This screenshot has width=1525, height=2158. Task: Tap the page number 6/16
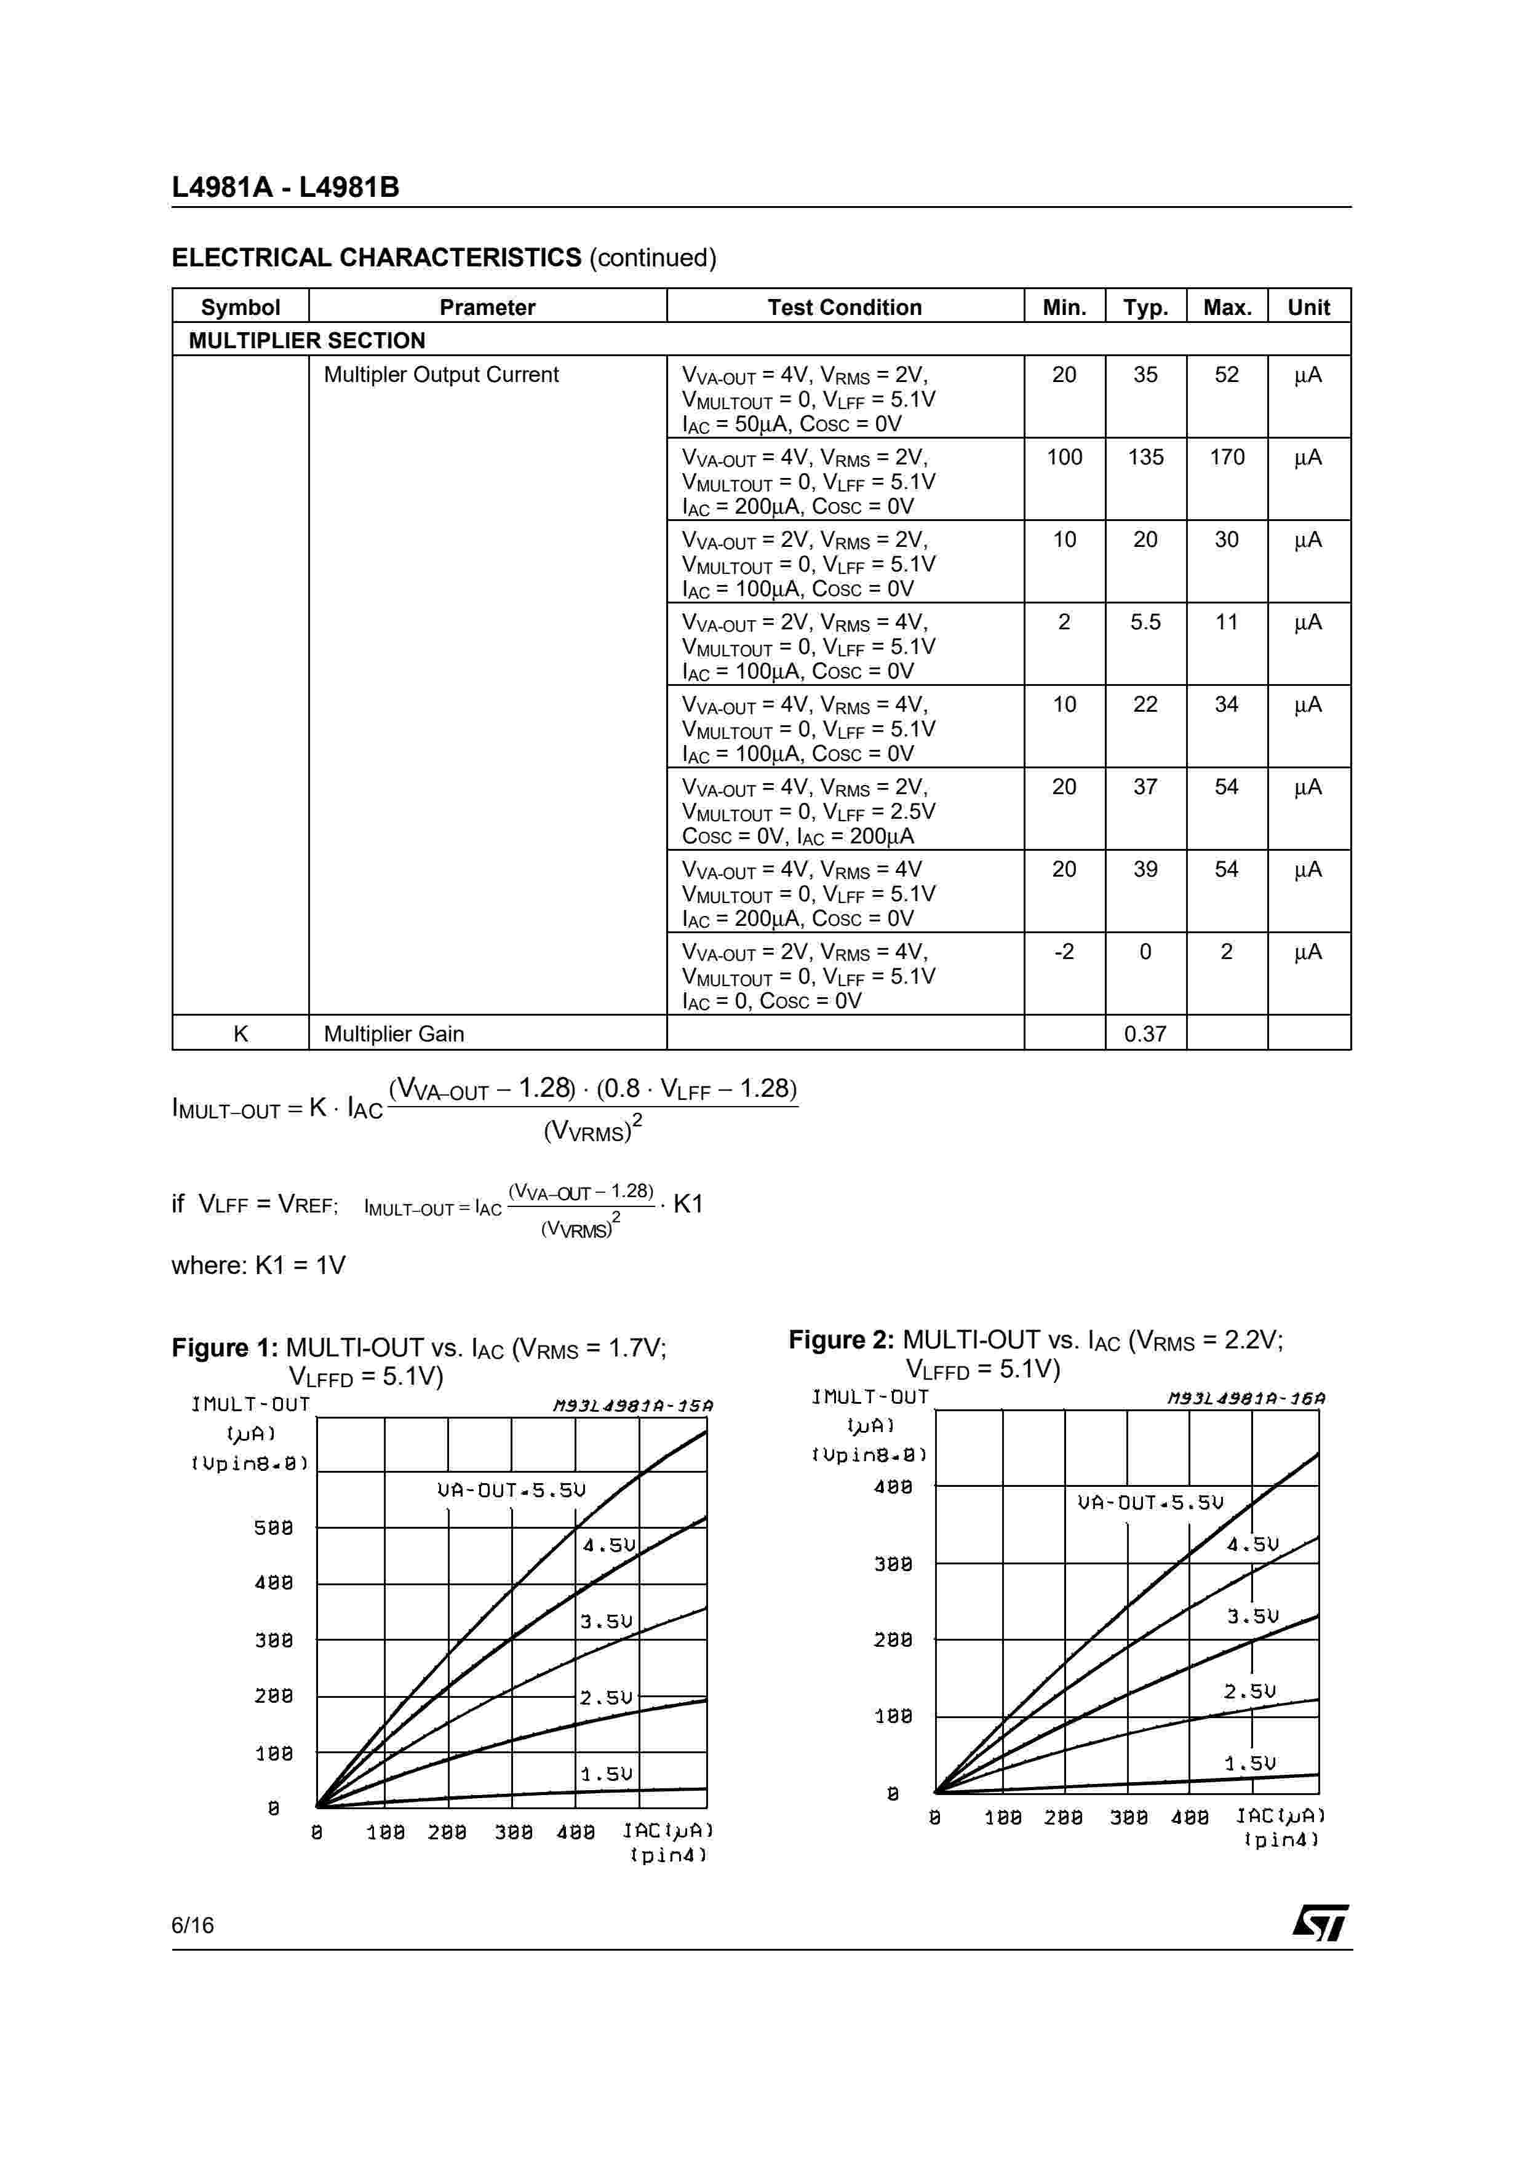(193, 1925)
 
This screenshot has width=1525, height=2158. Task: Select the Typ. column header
(1145, 308)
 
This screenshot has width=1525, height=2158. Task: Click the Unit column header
(1308, 308)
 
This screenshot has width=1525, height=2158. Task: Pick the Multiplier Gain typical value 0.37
(1145, 1034)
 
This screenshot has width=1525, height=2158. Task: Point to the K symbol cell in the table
(241, 1034)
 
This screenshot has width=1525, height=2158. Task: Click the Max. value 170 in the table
(1226, 458)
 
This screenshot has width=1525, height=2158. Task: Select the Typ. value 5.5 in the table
(1145, 622)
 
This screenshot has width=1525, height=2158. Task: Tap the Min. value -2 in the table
(1064, 952)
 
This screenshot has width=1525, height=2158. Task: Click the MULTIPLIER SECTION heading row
(307, 340)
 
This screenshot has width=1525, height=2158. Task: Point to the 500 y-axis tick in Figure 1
(273, 1528)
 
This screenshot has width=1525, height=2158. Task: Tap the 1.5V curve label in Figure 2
(1249, 1763)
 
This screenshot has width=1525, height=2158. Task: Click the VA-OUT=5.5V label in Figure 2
(1150, 1503)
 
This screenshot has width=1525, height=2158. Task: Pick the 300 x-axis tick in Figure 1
(513, 1832)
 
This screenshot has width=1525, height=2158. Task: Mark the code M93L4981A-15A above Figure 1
(632, 1406)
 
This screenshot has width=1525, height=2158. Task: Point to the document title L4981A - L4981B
(285, 187)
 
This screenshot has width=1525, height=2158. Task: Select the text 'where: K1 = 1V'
(258, 1265)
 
